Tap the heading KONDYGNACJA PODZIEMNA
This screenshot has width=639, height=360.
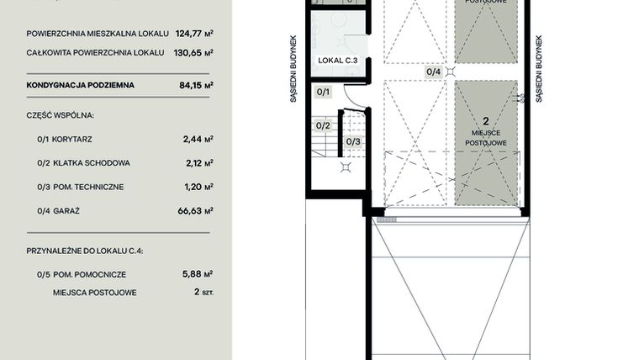point(80,85)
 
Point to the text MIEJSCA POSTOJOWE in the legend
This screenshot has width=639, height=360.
point(95,293)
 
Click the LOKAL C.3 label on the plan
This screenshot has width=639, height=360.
point(338,61)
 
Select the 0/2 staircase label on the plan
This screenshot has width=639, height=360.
point(322,125)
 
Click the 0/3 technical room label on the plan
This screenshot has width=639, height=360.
point(353,141)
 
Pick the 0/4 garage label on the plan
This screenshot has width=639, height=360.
point(433,72)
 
